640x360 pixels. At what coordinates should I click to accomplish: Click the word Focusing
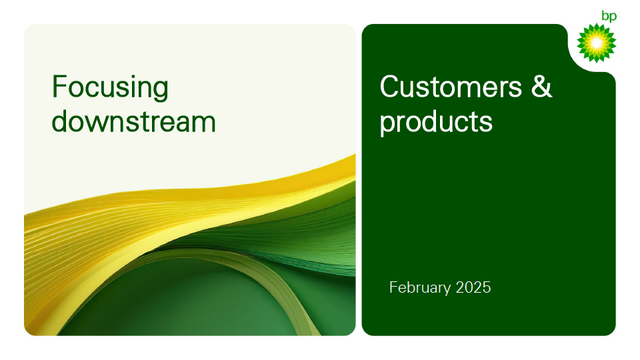click(110, 88)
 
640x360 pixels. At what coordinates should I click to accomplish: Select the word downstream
click(133, 121)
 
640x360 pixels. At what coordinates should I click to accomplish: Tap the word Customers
click(451, 87)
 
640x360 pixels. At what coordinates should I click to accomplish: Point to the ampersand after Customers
click(541, 87)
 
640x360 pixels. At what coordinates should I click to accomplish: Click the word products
click(436, 123)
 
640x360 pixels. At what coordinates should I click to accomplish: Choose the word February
click(420, 288)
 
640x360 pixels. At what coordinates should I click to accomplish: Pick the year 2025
click(473, 287)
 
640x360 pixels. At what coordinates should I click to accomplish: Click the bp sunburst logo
click(596, 43)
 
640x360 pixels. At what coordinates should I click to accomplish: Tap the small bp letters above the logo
click(609, 16)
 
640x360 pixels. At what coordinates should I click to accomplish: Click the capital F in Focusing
click(59, 87)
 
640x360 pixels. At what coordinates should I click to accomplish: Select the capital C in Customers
click(390, 87)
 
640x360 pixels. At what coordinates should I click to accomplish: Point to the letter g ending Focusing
click(161, 91)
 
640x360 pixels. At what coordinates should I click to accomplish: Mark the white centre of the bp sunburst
click(596, 43)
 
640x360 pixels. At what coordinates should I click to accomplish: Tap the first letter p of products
click(388, 125)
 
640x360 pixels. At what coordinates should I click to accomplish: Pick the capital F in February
click(393, 287)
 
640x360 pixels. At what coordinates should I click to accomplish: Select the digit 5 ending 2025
click(487, 287)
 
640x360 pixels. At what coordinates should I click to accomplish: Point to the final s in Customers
click(515, 89)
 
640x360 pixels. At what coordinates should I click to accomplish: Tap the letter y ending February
click(447, 290)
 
